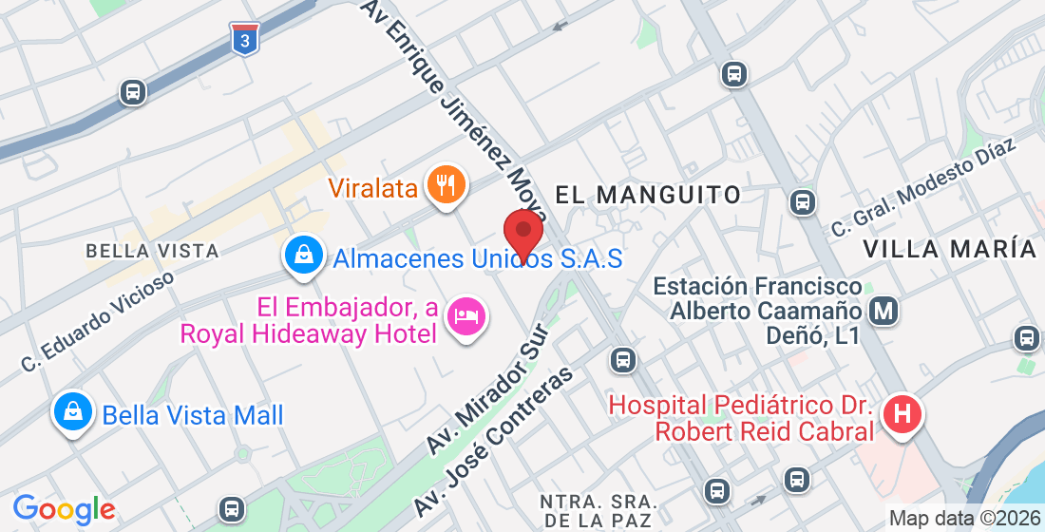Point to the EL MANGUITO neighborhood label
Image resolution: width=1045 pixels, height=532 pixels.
pos(647,196)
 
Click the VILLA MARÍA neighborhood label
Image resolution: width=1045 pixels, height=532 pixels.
pos(949,249)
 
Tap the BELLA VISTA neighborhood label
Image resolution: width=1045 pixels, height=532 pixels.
pos(152,251)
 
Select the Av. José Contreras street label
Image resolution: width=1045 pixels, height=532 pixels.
pos(494,442)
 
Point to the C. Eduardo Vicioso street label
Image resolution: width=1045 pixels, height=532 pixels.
pos(98,321)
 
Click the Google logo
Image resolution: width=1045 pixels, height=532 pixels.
pos(64,509)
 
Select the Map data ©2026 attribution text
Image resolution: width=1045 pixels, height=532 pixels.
pos(963,519)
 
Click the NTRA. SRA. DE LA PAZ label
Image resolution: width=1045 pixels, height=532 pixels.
pos(596,511)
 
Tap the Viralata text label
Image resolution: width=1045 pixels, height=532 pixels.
pos(373,188)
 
